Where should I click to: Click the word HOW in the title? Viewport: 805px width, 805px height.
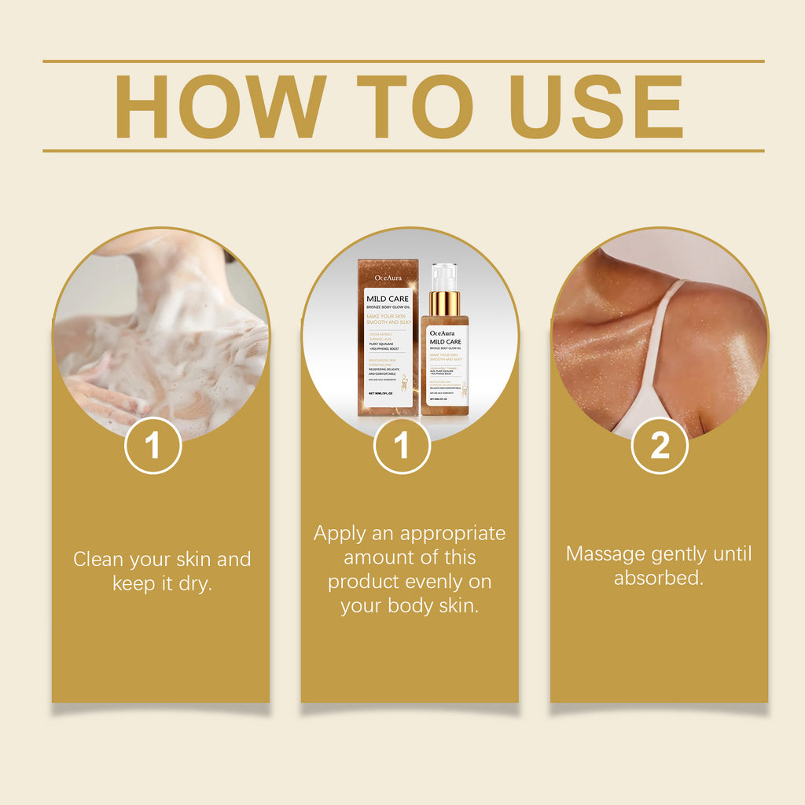click(x=221, y=107)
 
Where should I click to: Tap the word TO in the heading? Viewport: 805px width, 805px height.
click(x=416, y=107)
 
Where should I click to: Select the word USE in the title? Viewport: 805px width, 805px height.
click(x=596, y=107)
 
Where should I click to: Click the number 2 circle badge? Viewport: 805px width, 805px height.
click(x=660, y=446)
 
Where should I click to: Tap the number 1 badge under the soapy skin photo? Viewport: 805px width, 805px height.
click(x=153, y=446)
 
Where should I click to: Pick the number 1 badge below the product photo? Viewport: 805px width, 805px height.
click(x=402, y=446)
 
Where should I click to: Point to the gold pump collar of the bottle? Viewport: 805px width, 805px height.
click(x=444, y=303)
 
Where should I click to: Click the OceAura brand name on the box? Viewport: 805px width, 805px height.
click(x=388, y=277)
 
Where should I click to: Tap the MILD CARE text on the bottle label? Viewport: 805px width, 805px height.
click(x=445, y=341)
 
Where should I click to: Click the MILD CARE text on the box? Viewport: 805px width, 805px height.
click(x=388, y=299)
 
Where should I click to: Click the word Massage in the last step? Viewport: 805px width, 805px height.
click(x=606, y=554)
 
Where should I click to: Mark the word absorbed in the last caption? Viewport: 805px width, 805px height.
click(x=657, y=579)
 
